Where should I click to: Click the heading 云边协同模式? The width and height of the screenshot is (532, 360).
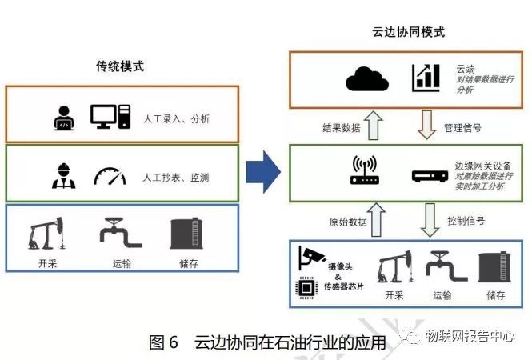408,32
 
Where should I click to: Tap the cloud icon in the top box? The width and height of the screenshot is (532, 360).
366,78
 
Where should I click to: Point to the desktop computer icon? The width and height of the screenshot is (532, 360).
110,117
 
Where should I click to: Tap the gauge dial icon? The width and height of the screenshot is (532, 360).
110,175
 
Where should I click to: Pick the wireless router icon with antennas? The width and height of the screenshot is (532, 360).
364,170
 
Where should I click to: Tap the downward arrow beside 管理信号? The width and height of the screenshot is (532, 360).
430,126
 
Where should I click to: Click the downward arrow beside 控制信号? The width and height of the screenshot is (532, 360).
430,218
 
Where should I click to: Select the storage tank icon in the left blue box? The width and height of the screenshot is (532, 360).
186,233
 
